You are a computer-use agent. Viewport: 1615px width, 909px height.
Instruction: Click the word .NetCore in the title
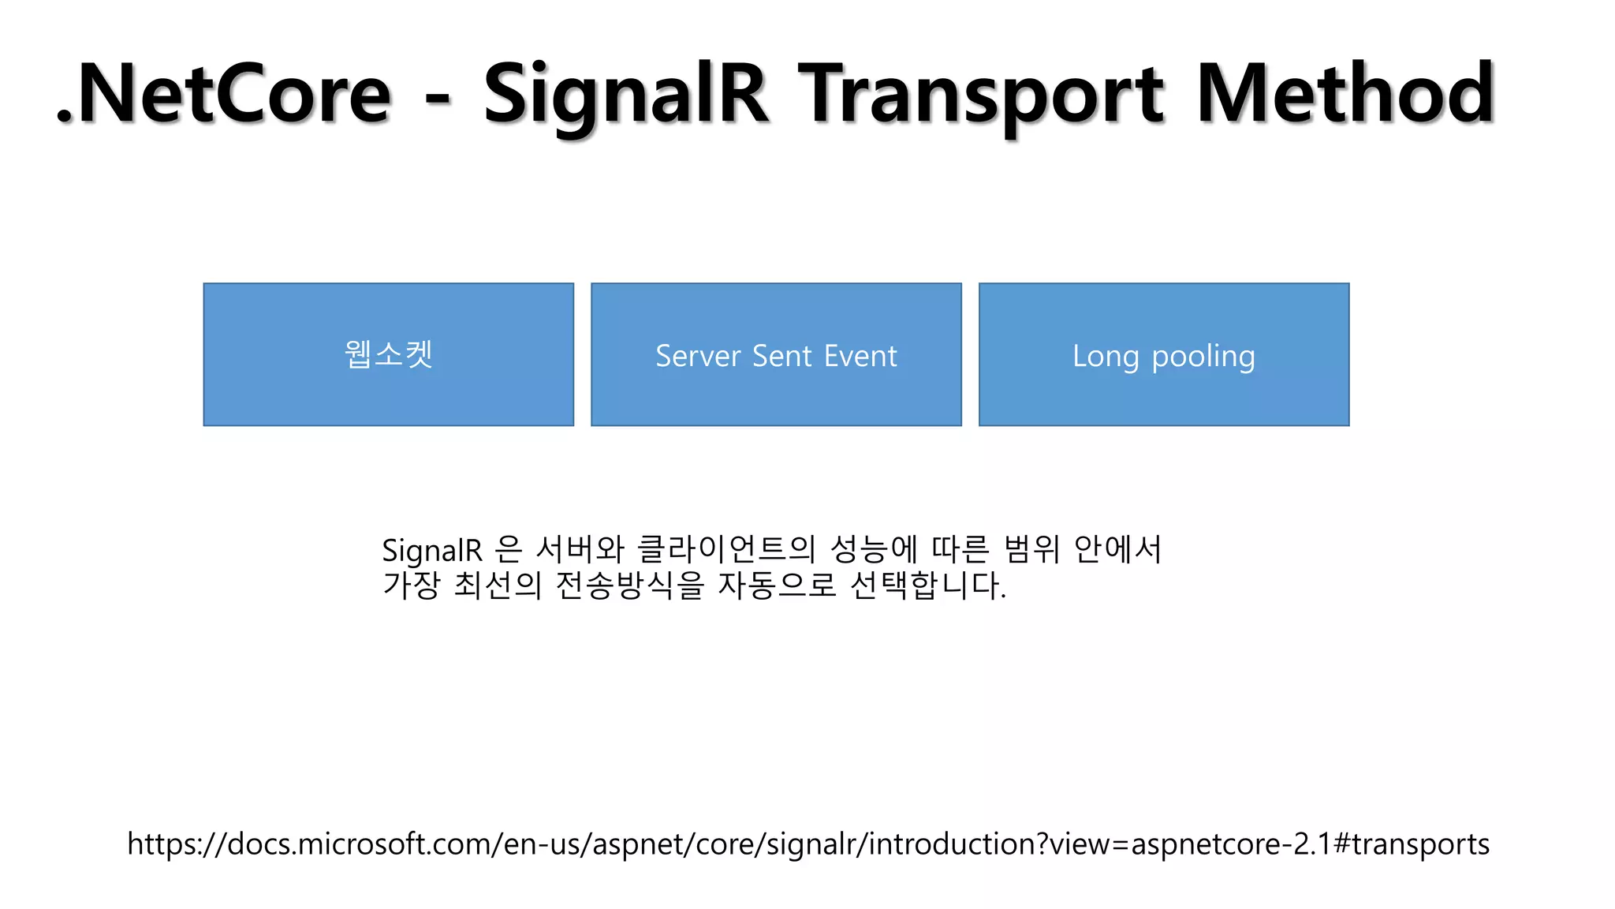(x=225, y=95)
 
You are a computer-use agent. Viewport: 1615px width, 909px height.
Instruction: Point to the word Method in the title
(x=1345, y=95)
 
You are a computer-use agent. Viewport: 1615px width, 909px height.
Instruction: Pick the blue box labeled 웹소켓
(x=388, y=354)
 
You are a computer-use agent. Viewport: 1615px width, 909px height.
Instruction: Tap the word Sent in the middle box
(x=781, y=356)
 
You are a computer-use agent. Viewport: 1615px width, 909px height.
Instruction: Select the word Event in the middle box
(x=860, y=356)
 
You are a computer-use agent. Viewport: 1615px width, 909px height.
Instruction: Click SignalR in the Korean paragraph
(x=431, y=550)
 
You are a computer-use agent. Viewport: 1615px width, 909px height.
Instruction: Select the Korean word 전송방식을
(x=629, y=585)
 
